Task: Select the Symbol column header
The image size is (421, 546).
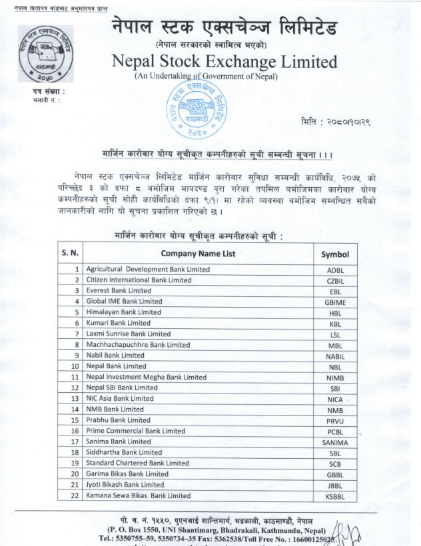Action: click(x=335, y=254)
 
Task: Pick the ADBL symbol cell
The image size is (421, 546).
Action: click(x=335, y=270)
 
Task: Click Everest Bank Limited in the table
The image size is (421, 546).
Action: click(x=119, y=290)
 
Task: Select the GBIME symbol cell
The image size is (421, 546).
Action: click(x=335, y=302)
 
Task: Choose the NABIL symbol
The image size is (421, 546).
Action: click(x=335, y=356)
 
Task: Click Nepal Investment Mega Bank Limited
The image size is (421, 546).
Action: click(x=139, y=376)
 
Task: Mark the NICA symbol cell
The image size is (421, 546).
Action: click(x=335, y=398)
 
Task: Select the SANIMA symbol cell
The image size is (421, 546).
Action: click(x=335, y=442)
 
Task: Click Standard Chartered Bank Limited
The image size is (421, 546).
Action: click(x=138, y=463)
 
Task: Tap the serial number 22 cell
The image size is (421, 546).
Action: click(x=77, y=495)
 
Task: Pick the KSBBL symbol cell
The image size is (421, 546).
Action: click(x=335, y=496)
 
